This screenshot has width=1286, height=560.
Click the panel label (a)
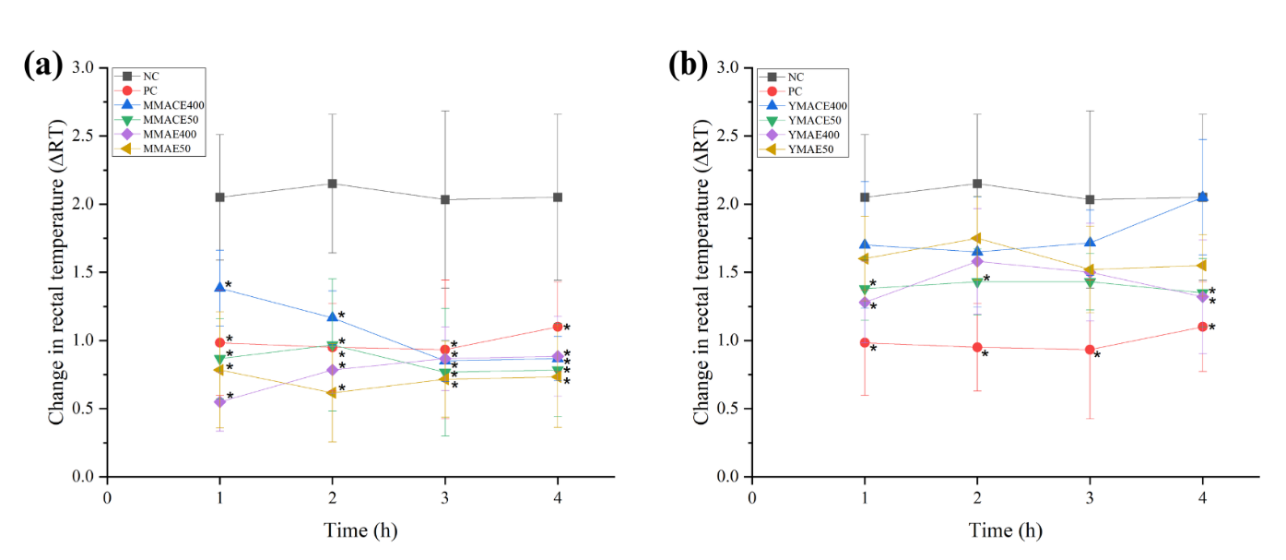click(x=43, y=66)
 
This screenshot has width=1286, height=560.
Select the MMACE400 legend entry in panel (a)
click(x=158, y=105)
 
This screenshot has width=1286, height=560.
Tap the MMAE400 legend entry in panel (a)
click(x=155, y=135)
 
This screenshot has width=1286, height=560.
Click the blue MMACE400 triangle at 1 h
click(x=219, y=288)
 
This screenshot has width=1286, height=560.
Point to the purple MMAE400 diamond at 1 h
click(x=219, y=401)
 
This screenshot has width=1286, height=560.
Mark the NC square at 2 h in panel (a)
click(x=332, y=184)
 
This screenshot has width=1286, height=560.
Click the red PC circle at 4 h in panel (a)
click(x=557, y=327)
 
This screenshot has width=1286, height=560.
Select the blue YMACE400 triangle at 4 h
click(x=1202, y=197)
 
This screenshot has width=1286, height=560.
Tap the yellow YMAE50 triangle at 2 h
click(x=977, y=238)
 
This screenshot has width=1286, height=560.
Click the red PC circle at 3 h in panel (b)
click(x=1090, y=350)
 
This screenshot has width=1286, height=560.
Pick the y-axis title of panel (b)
click(x=702, y=272)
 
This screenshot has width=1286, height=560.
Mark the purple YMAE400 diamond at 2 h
click(x=977, y=261)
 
